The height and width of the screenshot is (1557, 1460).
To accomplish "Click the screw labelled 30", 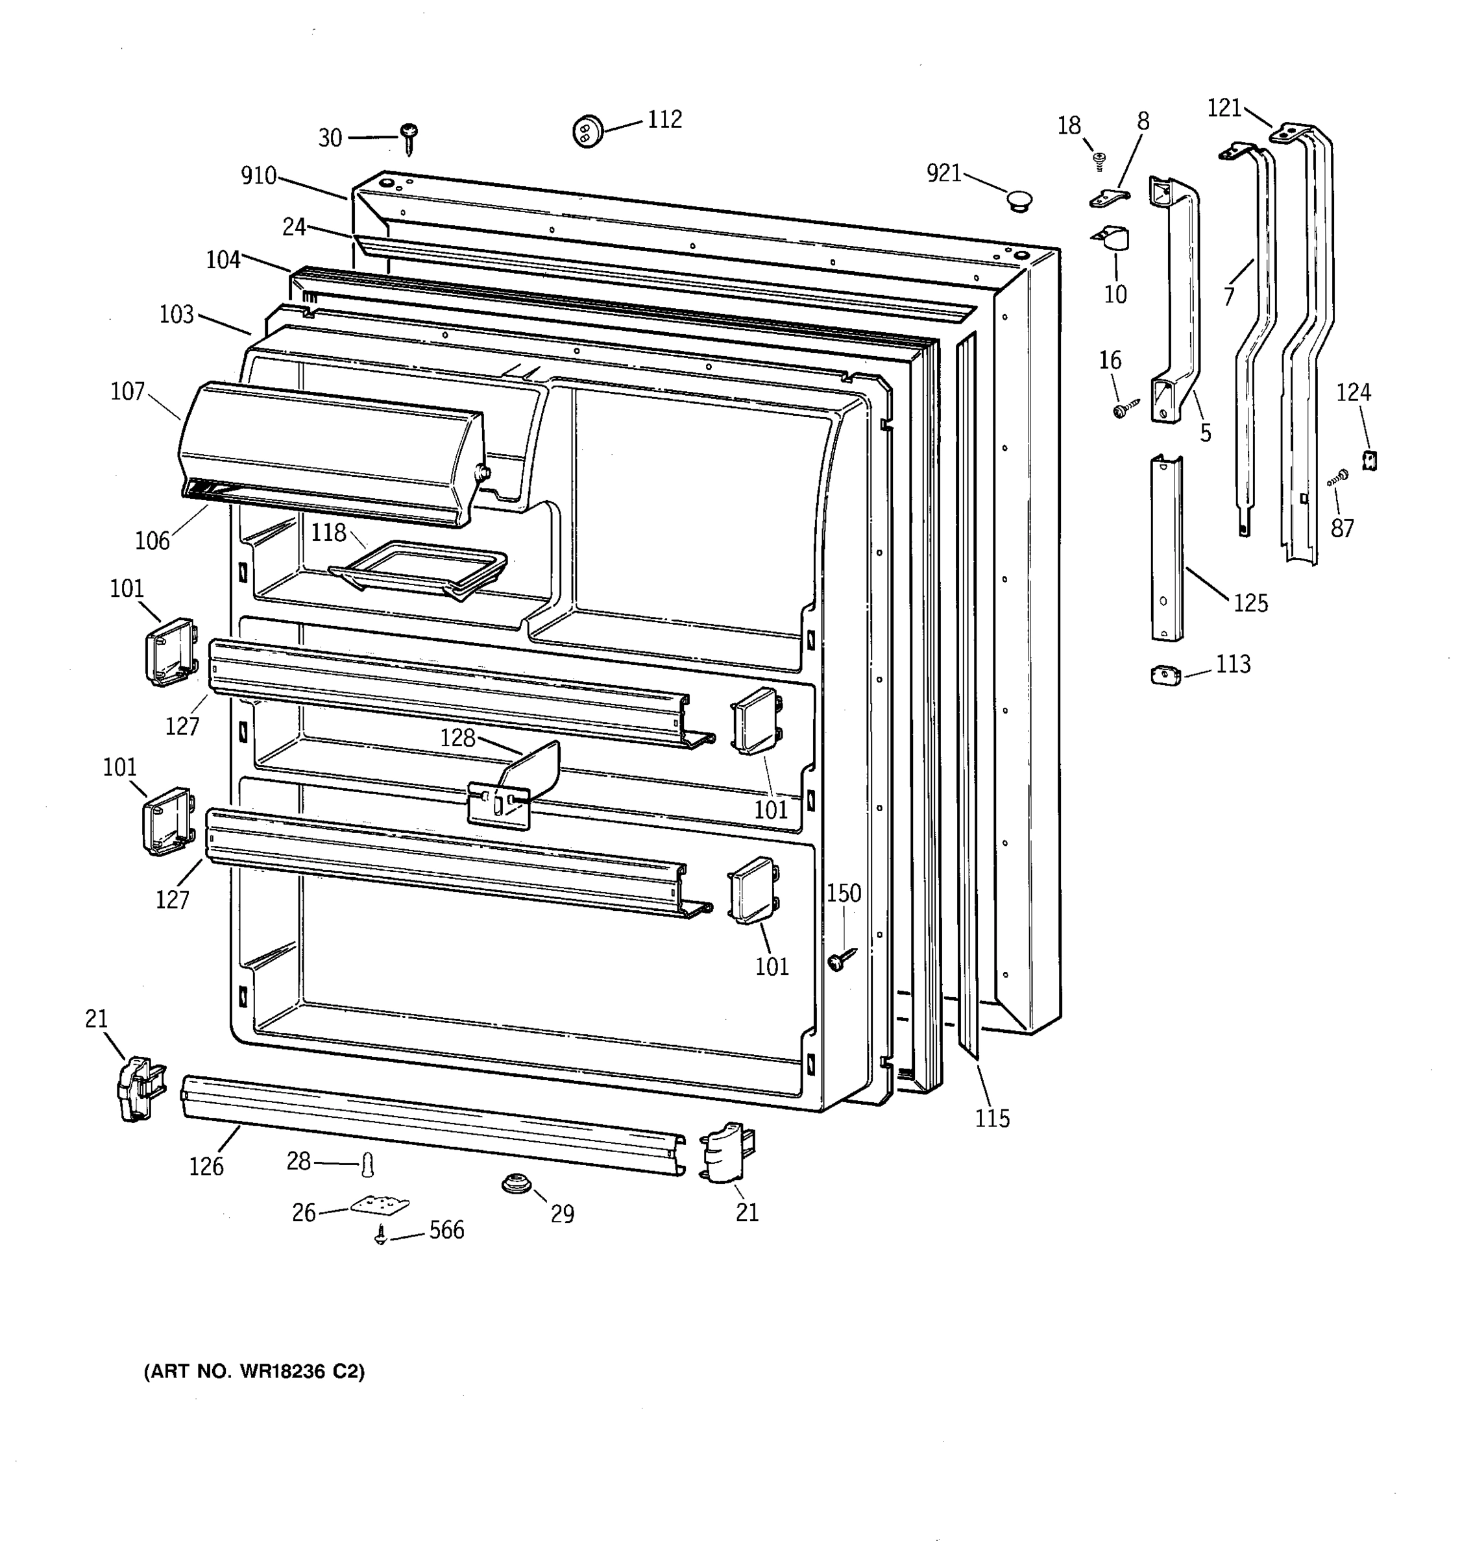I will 408,138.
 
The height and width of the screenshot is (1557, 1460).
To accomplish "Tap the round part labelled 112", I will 587,131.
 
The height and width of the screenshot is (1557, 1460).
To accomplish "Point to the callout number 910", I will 258,176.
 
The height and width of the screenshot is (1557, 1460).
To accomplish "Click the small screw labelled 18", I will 1099,159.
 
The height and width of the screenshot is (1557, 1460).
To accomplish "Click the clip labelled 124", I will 1369,461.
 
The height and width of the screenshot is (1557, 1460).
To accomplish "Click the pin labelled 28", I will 367,1165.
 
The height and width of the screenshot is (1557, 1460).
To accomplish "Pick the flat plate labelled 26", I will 379,1204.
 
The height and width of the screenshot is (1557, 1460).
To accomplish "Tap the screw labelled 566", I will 381,1237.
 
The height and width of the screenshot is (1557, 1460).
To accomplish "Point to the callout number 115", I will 992,1118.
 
